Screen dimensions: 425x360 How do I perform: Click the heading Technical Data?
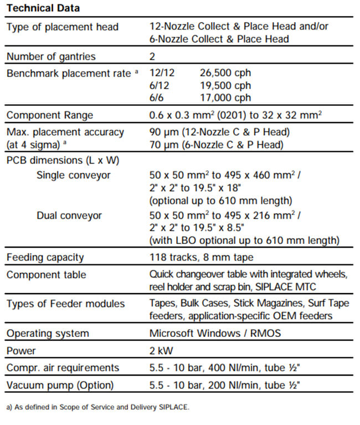point(43,8)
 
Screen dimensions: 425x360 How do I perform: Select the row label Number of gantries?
point(51,56)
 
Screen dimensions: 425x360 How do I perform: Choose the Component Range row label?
point(50,116)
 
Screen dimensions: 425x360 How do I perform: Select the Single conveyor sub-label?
point(73,175)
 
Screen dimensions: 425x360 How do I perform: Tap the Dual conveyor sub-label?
point(69,216)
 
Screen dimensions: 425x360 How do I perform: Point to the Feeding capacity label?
point(45,257)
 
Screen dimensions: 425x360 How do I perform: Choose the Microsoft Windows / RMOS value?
point(215,334)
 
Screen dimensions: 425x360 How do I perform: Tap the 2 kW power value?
point(162,351)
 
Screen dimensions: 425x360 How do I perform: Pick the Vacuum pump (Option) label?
point(60,385)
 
